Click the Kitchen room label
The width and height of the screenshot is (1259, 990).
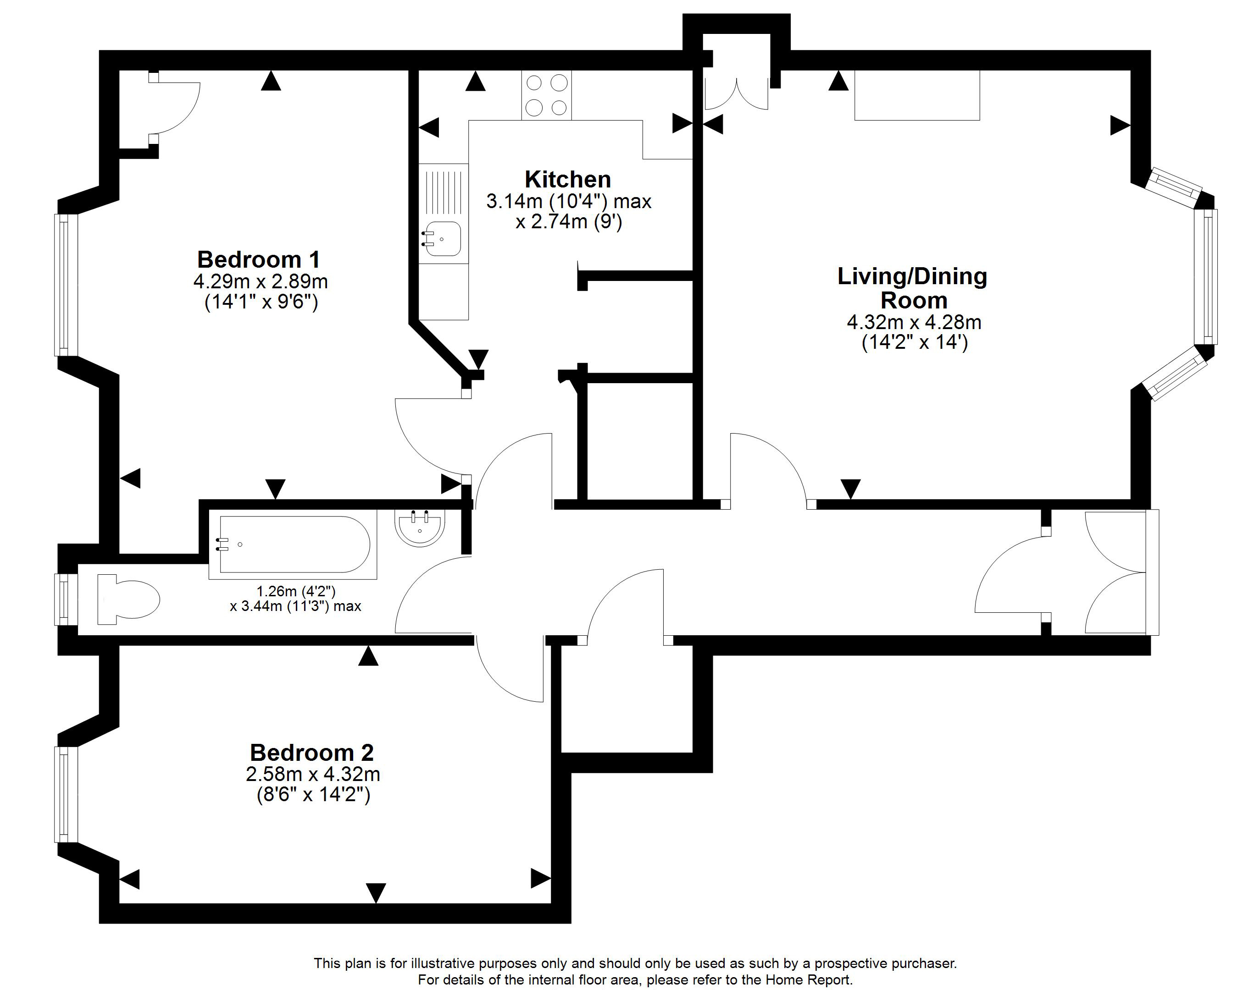click(x=568, y=179)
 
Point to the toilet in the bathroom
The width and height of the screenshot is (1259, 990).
click(x=128, y=599)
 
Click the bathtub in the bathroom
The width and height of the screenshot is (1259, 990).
click(x=294, y=544)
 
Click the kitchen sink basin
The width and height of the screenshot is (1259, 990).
click(x=442, y=239)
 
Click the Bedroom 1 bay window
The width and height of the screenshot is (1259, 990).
click(x=66, y=285)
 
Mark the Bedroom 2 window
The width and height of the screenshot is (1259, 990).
click(x=66, y=794)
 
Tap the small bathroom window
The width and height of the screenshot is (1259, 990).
click(x=66, y=599)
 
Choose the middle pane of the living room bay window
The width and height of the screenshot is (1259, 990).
click(x=1206, y=277)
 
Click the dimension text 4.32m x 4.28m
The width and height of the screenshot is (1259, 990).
click(x=915, y=322)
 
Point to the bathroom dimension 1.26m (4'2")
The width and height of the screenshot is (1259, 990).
click(x=296, y=591)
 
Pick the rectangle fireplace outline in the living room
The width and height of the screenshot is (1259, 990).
click(x=917, y=96)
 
